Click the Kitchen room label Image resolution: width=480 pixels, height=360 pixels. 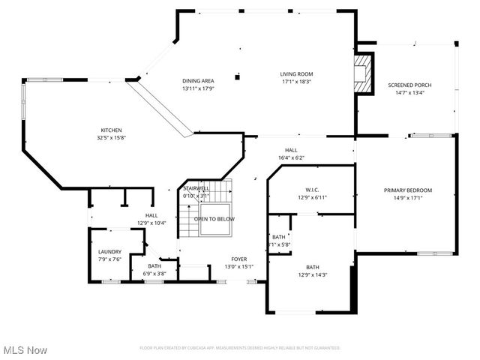[111, 130]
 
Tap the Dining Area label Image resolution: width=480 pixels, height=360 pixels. [198, 81]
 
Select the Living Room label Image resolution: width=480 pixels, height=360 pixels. [296, 73]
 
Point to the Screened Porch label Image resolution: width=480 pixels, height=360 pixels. [409, 85]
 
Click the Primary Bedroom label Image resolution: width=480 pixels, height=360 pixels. [408, 190]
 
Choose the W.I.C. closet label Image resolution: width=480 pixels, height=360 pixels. [313, 189]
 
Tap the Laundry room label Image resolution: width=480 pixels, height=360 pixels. [109, 251]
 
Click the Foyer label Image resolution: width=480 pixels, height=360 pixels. [239, 259]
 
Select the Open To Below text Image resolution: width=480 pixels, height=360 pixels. [214, 219]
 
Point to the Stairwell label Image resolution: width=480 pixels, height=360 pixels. [196, 188]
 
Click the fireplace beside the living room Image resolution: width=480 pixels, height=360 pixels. [364, 73]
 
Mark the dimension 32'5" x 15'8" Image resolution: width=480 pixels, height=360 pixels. [111, 138]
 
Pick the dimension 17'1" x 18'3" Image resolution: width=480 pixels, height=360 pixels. [296, 82]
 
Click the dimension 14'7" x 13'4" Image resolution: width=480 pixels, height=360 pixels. [409, 93]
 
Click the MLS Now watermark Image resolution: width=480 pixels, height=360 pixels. [25, 350]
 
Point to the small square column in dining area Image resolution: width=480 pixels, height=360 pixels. [237, 76]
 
